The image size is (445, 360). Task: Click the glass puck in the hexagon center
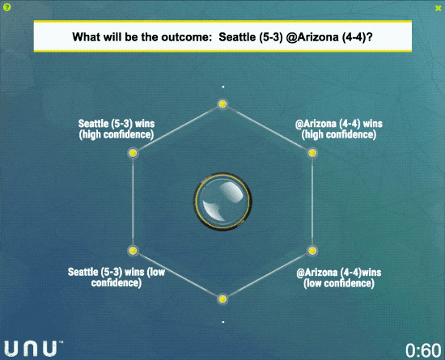[222, 201]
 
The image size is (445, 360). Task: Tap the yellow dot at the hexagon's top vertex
[222, 104]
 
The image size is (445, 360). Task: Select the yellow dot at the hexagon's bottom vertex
[222, 299]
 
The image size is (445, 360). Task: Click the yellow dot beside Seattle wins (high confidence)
[133, 153]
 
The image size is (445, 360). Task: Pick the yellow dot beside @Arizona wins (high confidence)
[312, 153]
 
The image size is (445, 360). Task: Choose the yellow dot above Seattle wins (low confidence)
[133, 251]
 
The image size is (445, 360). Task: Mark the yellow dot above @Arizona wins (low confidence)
[312, 251]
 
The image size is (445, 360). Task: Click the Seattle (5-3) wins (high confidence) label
[117, 129]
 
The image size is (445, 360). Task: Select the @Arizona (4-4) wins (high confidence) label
[339, 129]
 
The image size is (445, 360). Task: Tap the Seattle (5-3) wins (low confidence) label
[117, 277]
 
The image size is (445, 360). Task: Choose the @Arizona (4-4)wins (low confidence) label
[339, 277]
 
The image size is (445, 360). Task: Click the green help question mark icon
[6, 7]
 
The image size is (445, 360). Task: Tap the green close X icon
[439, 8]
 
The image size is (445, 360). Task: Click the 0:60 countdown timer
[423, 350]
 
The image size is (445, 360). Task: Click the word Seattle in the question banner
[237, 37]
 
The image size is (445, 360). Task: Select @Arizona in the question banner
[312, 37]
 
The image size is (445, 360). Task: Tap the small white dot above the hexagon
[223, 87]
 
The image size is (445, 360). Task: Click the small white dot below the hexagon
[223, 322]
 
